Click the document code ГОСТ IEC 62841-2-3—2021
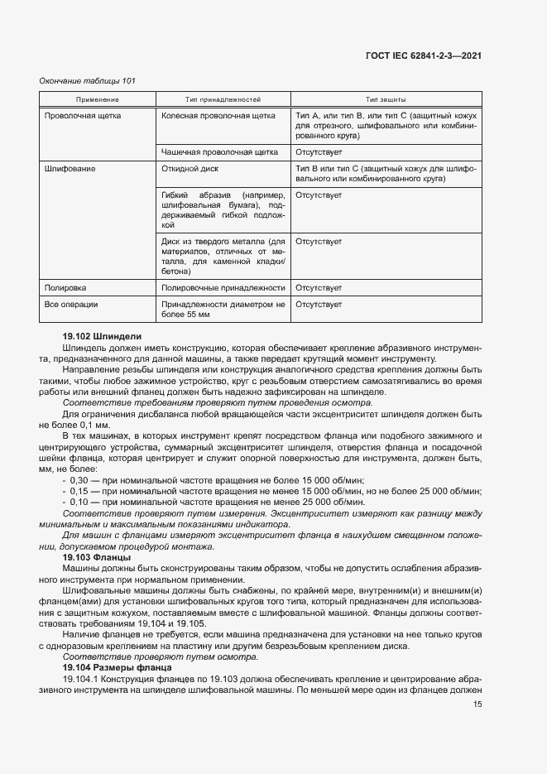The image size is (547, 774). pyautogui.click(x=423, y=55)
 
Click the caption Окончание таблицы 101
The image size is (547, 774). pyautogui.click(x=88, y=80)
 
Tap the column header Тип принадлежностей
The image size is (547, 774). pyautogui.click(x=223, y=99)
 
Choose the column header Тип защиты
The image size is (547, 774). pyautogui.click(x=385, y=99)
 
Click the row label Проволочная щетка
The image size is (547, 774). pyautogui.click(x=83, y=116)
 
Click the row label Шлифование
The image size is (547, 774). pyautogui.click(x=70, y=169)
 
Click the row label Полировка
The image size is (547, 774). pyautogui.click(x=65, y=287)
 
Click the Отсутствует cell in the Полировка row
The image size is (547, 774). pyautogui.click(x=319, y=287)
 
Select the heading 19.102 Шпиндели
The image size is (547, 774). pyautogui.click(x=102, y=336)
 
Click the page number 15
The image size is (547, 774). pyautogui.click(x=477, y=704)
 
